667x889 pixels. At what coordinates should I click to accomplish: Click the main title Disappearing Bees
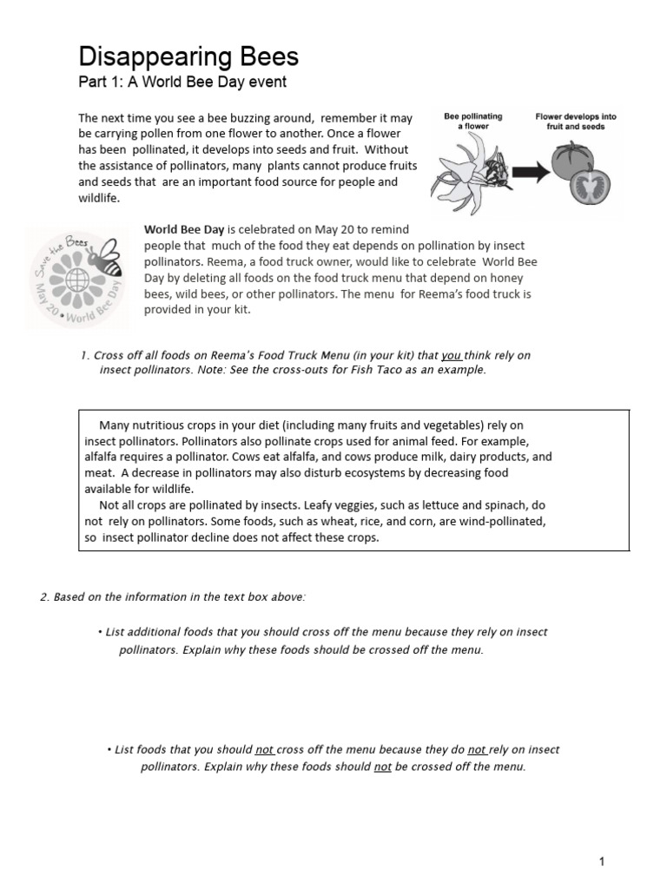[188, 57]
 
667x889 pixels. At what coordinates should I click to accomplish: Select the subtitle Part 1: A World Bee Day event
[182, 82]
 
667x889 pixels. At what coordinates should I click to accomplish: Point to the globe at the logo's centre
[76, 282]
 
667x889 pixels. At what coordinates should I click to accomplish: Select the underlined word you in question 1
[451, 355]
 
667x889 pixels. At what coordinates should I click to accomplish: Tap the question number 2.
[43, 596]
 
